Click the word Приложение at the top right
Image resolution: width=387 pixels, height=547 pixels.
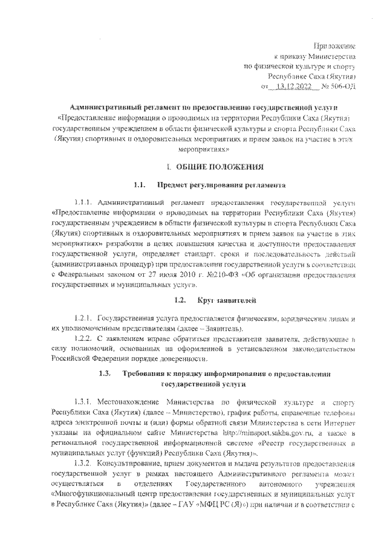[337, 46]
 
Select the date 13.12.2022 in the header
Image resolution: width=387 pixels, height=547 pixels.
[291, 86]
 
